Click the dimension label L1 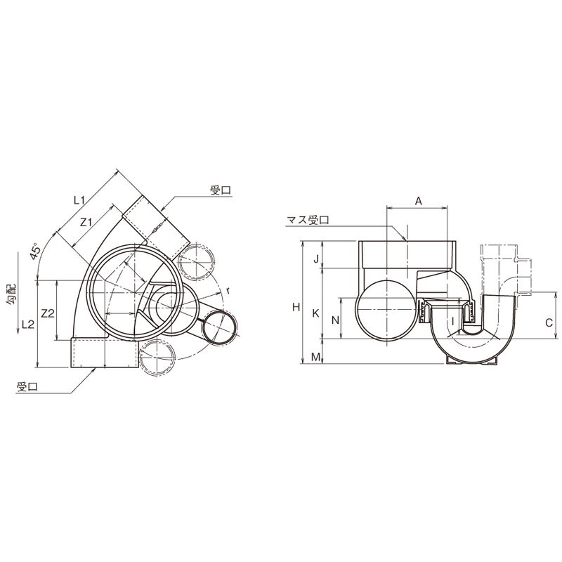pyautogui.click(x=79, y=200)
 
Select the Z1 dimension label pyautogui.click(x=86, y=223)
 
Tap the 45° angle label pyautogui.click(x=36, y=252)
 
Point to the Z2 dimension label pyautogui.click(x=48, y=313)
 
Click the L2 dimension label pyautogui.click(x=28, y=325)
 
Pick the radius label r pyautogui.click(x=228, y=291)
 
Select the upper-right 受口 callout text pyautogui.click(x=221, y=190)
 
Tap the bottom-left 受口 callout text pyautogui.click(x=27, y=387)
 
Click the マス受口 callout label pyautogui.click(x=308, y=220)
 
